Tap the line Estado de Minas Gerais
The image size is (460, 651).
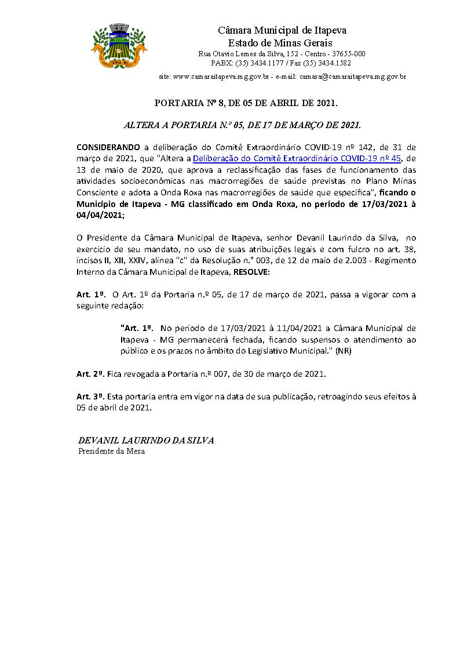pos(280,43)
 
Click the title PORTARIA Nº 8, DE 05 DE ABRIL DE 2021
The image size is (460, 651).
pos(246,103)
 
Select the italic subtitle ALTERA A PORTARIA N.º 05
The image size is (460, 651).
pos(243,125)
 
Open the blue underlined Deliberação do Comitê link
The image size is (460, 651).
pos(297,158)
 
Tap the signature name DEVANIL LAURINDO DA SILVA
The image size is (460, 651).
pos(146,441)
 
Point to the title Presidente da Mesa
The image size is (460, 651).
pos(111,451)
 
